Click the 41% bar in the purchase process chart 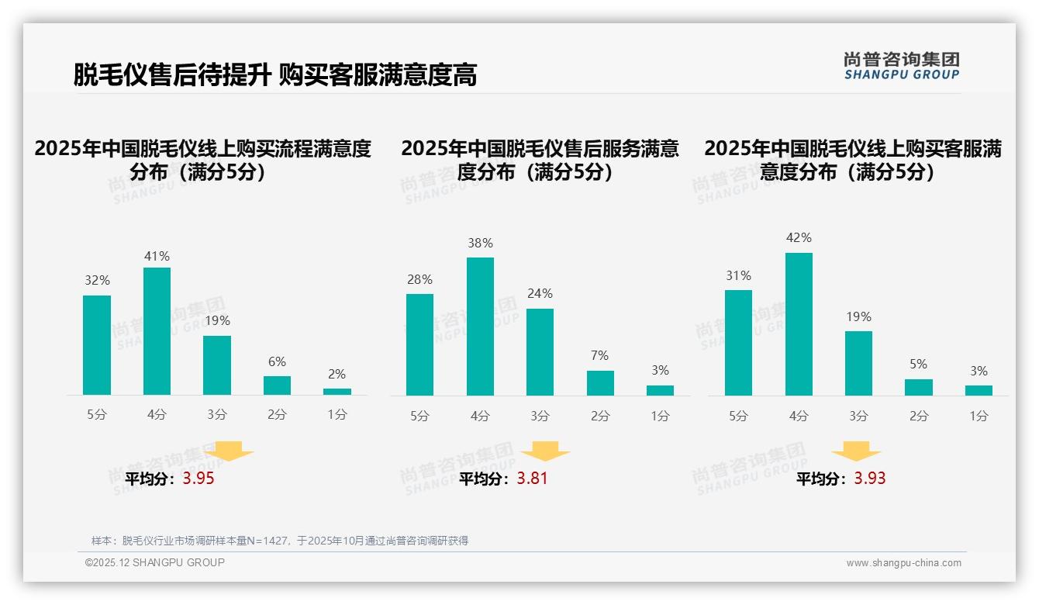[x=157, y=331]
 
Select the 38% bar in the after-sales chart [x=480, y=327]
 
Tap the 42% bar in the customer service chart [x=799, y=324]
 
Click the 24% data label [x=540, y=294]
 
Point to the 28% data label [x=419, y=280]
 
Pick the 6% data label [x=277, y=361]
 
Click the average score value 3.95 [x=198, y=479]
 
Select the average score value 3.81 [x=532, y=479]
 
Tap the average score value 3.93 [x=869, y=479]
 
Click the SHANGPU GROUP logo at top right [x=901, y=66]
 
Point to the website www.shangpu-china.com [x=903, y=563]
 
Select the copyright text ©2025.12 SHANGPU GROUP [x=154, y=562]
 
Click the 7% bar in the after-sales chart [x=600, y=383]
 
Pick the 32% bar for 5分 [x=97, y=345]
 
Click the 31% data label [x=738, y=276]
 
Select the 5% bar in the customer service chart [x=919, y=387]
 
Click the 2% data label [x=337, y=374]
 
